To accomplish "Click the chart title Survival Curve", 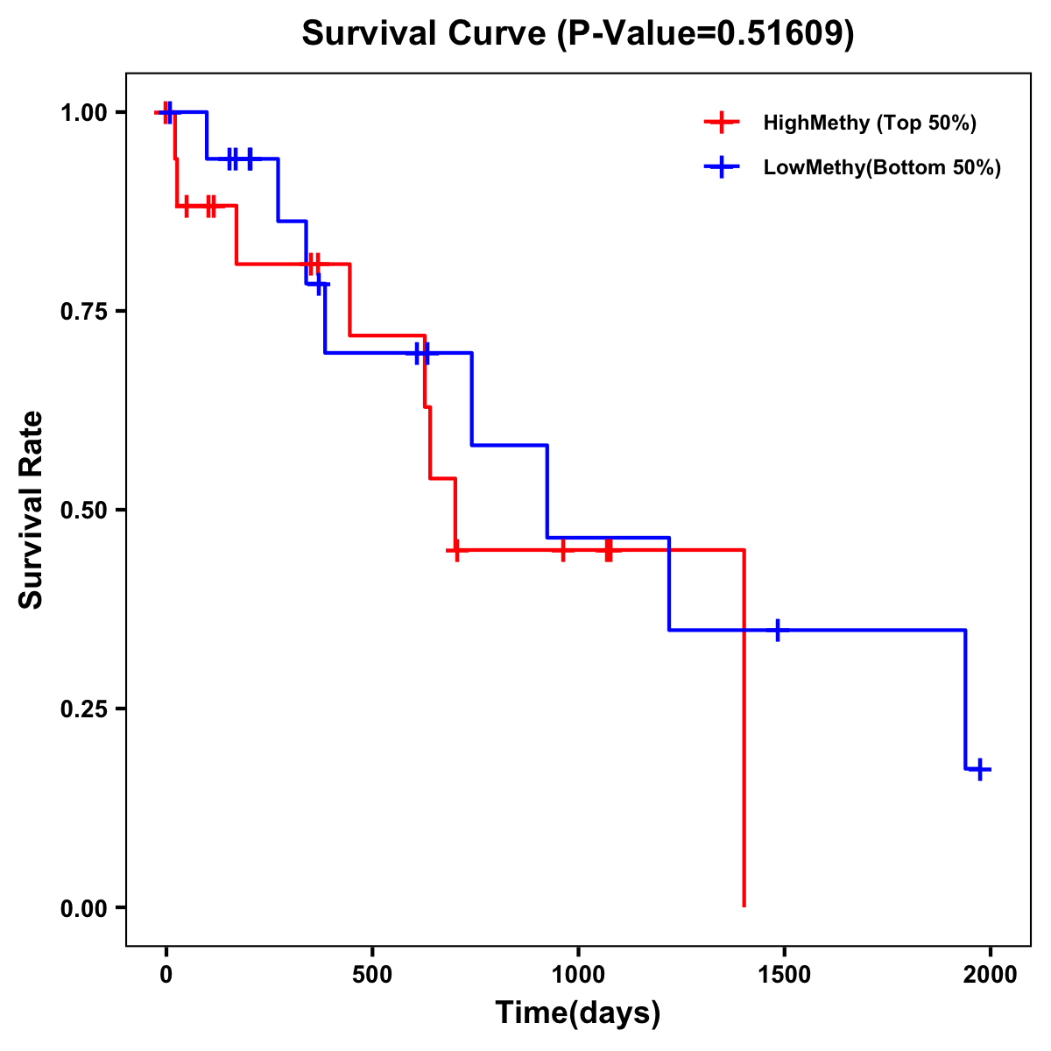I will [x=427, y=34].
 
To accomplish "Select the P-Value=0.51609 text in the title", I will [x=706, y=34].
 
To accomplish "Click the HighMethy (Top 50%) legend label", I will [x=869, y=123].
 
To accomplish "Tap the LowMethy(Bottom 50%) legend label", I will [x=882, y=168].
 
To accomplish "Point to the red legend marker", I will [x=721, y=123].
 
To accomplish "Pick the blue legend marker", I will [x=721, y=168].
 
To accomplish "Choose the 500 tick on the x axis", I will [x=372, y=975].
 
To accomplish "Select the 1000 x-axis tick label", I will [x=578, y=975].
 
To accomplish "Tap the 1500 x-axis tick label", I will [x=784, y=975].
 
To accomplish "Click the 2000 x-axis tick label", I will [x=991, y=975].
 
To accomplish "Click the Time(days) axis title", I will [x=578, y=1013].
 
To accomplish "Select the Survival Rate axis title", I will [x=32, y=510].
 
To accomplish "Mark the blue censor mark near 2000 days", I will [x=980, y=770].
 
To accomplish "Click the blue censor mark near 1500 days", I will [x=777, y=630].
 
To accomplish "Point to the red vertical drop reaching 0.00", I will [x=744, y=744].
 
